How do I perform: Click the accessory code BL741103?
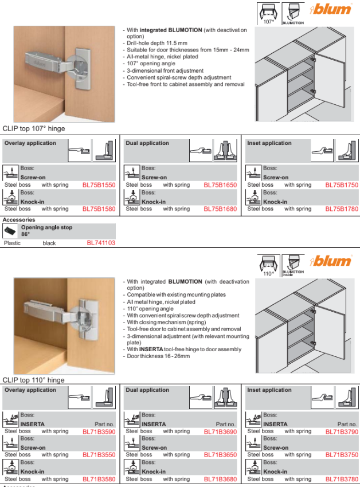click(101, 243)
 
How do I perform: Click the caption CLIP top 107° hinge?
click(34, 129)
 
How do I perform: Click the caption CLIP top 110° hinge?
click(34, 380)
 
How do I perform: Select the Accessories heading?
click(19, 220)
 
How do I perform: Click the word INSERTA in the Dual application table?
click(154, 425)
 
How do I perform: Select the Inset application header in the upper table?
click(269, 143)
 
